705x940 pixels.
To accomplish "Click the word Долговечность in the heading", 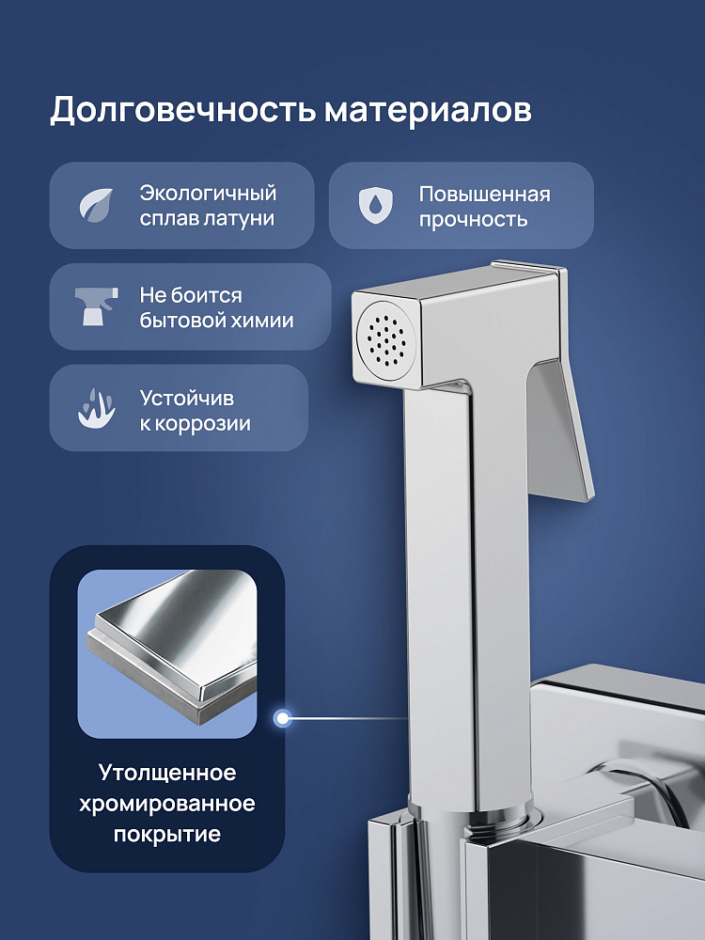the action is pos(182,111).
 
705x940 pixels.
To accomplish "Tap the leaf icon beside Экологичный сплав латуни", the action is pos(97,206).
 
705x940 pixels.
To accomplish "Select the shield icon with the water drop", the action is pos(376,206).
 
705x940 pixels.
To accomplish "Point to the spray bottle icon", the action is pos(96,306).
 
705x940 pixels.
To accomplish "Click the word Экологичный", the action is pos(208,194).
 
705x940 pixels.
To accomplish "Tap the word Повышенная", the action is pos(484,195).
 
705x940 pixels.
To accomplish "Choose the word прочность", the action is pos(473,220).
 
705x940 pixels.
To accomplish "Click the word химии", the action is pos(264,321).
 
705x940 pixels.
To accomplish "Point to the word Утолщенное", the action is pos(167,773).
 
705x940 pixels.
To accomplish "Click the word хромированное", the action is pos(167,804).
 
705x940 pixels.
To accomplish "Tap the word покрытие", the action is pos(167,834).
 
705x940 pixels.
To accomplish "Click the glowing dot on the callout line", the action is pos(282,717).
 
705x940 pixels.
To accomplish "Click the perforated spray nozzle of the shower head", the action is pos(385,338).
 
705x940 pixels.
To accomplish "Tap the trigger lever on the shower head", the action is pos(560,430).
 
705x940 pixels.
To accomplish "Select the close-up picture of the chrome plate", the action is pos(167,653).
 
